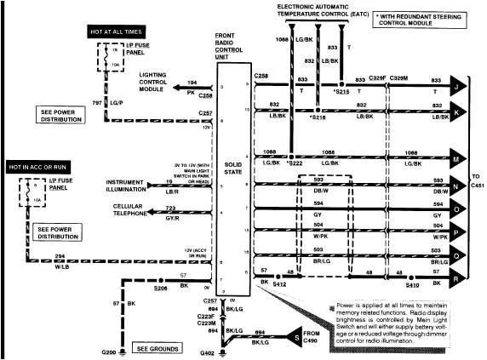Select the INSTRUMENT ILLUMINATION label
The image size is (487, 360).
pyautogui.click(x=133, y=186)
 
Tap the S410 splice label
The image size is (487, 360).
pyautogui.click(x=412, y=288)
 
